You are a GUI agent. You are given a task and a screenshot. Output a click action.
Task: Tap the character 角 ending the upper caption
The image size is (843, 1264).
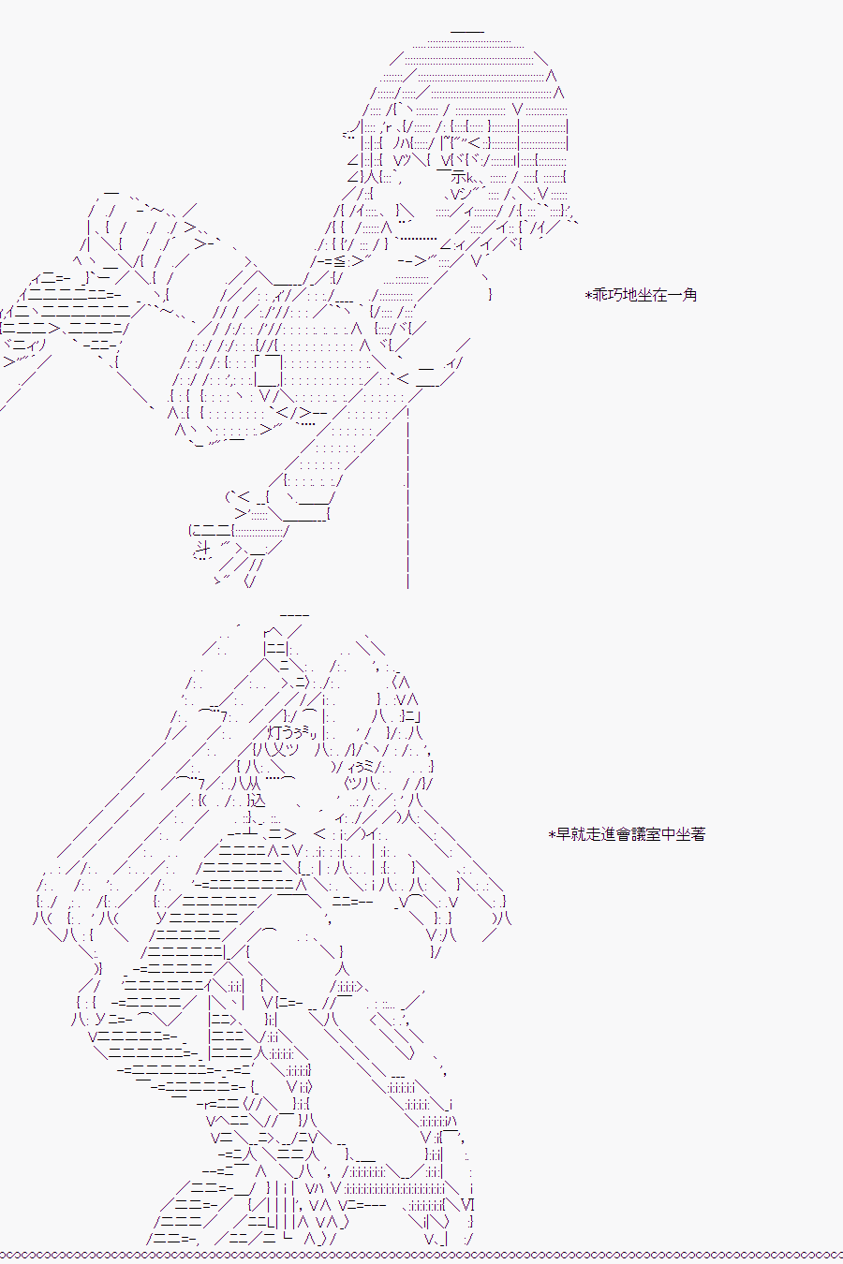click(689, 295)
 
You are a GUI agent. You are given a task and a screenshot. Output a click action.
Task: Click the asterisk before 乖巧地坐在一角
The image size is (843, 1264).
click(588, 295)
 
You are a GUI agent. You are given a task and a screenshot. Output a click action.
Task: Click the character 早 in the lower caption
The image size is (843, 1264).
click(563, 834)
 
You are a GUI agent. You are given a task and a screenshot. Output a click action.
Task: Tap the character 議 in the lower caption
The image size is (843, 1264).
click(638, 834)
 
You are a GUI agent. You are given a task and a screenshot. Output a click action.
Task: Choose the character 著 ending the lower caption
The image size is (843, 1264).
click(698, 834)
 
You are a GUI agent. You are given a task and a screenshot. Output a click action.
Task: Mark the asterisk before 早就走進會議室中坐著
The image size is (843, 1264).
click(552, 834)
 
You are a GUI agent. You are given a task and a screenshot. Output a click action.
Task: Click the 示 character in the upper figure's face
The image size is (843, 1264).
click(458, 177)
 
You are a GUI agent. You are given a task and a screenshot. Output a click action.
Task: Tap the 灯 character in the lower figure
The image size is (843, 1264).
click(274, 733)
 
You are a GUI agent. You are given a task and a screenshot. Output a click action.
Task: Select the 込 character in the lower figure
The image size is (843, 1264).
click(257, 801)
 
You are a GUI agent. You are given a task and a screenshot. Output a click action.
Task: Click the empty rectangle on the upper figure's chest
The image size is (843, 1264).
click(268, 370)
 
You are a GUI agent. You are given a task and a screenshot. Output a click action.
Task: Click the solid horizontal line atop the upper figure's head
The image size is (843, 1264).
click(467, 32)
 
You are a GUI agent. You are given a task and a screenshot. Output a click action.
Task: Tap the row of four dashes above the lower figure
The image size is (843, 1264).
click(294, 614)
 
